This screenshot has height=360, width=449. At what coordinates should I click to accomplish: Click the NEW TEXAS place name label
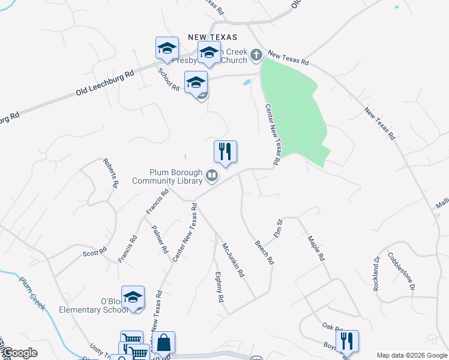(x=212, y=37)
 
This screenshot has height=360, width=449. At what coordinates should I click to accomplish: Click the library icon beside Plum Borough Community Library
(x=211, y=176)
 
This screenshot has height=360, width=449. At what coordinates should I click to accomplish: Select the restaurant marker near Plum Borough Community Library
(x=225, y=152)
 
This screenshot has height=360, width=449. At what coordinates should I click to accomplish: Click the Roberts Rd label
(x=109, y=173)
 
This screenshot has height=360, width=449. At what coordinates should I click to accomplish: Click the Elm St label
(x=279, y=229)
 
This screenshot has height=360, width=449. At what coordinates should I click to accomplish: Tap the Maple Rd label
(x=316, y=248)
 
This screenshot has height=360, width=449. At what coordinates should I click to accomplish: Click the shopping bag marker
(x=163, y=343)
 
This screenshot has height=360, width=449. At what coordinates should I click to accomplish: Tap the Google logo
(x=20, y=353)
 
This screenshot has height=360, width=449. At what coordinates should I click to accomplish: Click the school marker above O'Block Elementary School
(x=133, y=298)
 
